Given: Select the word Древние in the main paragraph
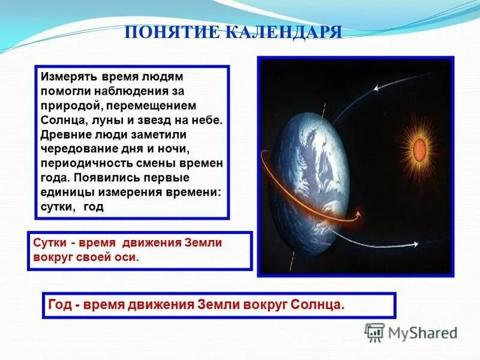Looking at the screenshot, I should click(x=64, y=134).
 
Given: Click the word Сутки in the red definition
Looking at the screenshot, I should click(x=49, y=243).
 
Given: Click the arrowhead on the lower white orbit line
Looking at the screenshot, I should click(x=415, y=244).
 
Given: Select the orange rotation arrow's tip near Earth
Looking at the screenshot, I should click(x=358, y=214).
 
